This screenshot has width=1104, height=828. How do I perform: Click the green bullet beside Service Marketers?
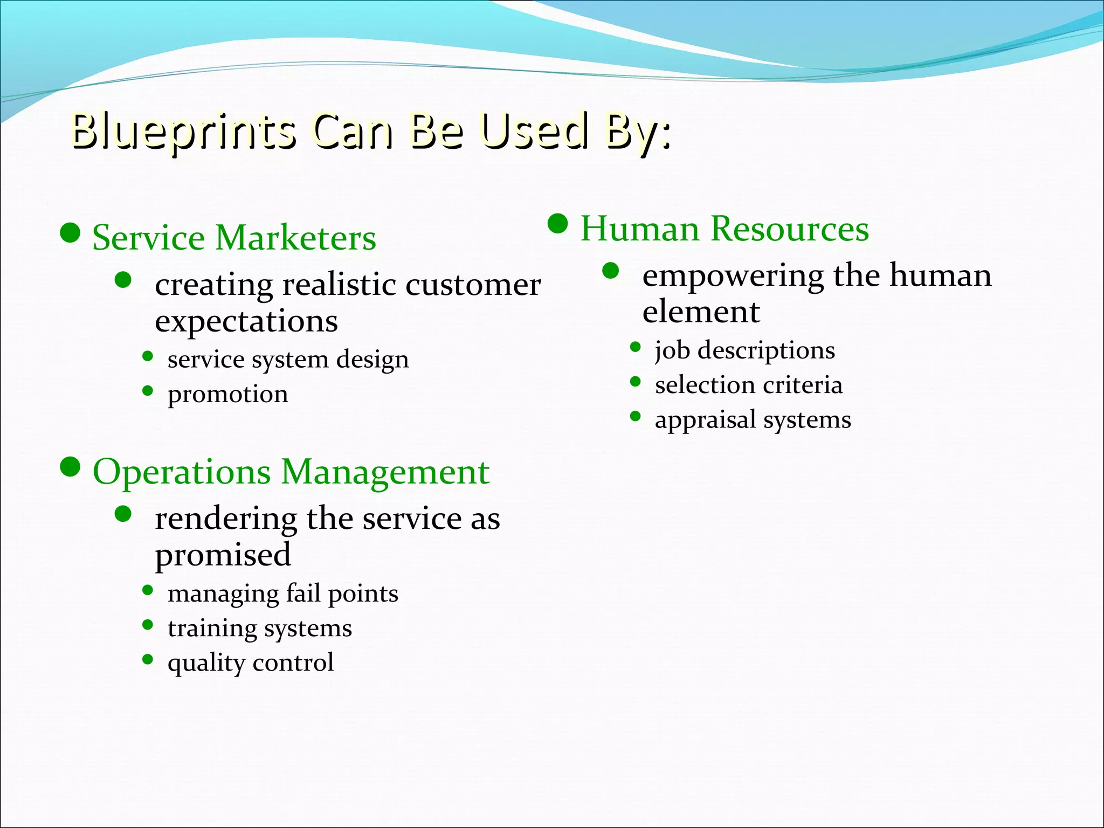pyautogui.click(x=70, y=233)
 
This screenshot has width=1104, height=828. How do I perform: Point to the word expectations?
pyautogui.click(x=246, y=322)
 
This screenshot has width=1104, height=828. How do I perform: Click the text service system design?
pyautogui.click(x=288, y=360)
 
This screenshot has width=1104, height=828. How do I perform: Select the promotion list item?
pyautogui.click(x=227, y=395)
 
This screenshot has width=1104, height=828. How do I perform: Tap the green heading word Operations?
pyautogui.click(x=182, y=472)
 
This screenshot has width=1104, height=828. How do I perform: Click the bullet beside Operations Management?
pyautogui.click(x=70, y=467)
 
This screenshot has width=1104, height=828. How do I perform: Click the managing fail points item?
pyautogui.click(x=282, y=594)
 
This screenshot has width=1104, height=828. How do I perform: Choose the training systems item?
pyautogui.click(x=259, y=629)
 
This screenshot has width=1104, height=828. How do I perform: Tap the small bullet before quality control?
pyautogui.click(x=148, y=659)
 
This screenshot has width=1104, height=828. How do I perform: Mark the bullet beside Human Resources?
pyautogui.click(x=558, y=224)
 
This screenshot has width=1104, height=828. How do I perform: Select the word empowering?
pyautogui.click(x=733, y=276)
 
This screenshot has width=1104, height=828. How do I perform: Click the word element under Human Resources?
pyautogui.click(x=701, y=312)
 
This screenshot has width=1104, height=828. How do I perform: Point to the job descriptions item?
pyautogui.click(x=744, y=350)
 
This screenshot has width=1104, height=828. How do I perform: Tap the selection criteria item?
pyautogui.click(x=748, y=385)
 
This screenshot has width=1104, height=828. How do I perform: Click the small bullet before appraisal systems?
pyautogui.click(x=636, y=416)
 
